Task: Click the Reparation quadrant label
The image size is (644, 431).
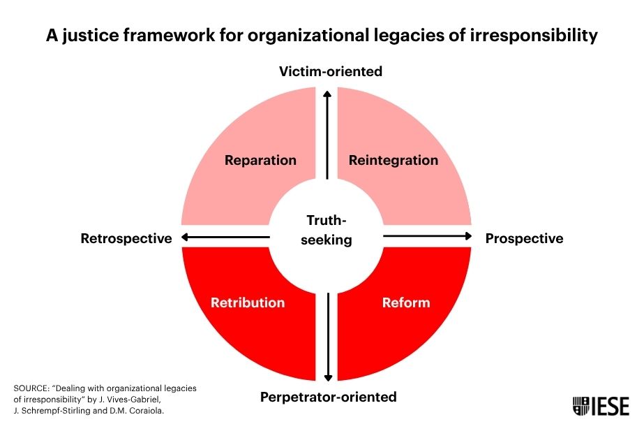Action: click(260, 160)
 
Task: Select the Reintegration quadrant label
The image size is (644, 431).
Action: click(394, 160)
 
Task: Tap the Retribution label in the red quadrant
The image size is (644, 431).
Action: click(248, 302)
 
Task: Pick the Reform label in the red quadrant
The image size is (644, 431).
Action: click(406, 302)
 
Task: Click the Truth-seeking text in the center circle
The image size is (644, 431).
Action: click(327, 231)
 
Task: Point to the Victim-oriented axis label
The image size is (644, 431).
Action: click(331, 71)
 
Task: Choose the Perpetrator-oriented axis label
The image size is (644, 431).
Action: click(328, 397)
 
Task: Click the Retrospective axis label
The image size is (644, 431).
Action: click(126, 238)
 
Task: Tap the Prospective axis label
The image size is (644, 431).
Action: click(524, 238)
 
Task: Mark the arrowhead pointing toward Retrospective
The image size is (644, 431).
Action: click(185, 238)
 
